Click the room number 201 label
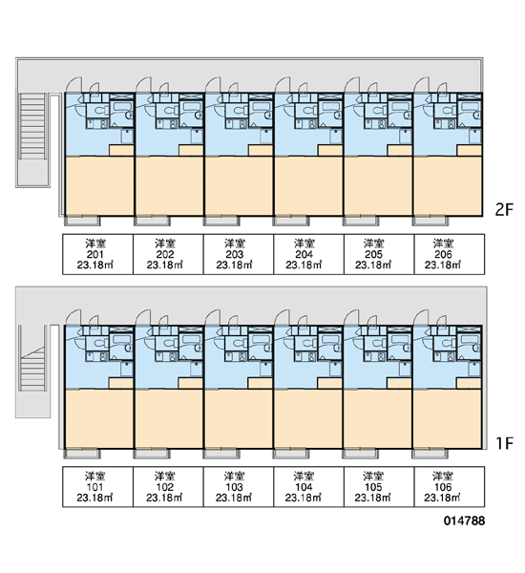(95, 254)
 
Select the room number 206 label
(443, 254)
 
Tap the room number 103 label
(234, 487)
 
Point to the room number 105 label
(373, 487)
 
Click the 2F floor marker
(504, 210)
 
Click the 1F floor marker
(505, 443)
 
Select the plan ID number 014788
(464, 520)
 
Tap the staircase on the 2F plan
(32, 126)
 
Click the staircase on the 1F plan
(32, 369)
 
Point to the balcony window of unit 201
(82, 221)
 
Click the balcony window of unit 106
(430, 454)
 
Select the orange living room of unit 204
(308, 186)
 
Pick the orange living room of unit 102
(169, 419)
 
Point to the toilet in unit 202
(169, 110)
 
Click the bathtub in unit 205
(399, 107)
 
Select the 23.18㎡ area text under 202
(164, 265)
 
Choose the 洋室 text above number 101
(95, 477)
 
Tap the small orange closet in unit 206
(469, 151)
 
